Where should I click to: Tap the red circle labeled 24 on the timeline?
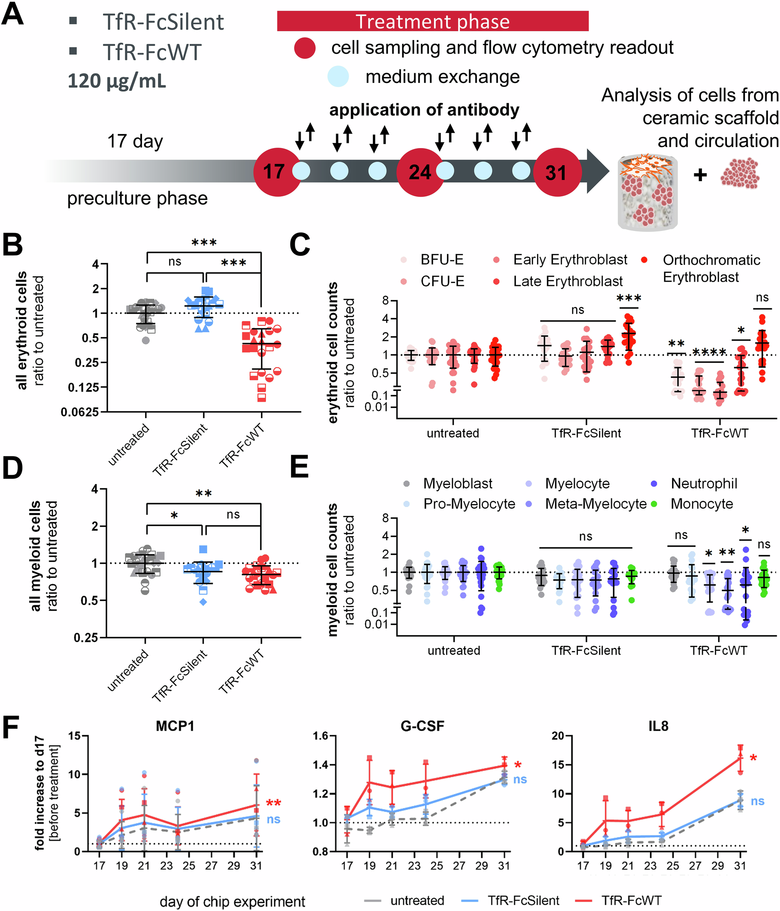click(420, 172)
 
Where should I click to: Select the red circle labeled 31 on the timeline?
click(557, 172)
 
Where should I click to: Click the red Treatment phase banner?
click(432, 21)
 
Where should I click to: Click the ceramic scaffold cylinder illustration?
click(647, 192)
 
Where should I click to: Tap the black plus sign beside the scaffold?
click(700, 175)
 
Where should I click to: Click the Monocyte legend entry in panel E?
click(701, 504)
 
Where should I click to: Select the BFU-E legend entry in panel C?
click(441, 260)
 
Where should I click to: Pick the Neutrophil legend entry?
click(704, 484)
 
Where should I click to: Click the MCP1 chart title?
click(175, 726)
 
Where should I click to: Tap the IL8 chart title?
click(658, 726)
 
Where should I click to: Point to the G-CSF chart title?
click(422, 726)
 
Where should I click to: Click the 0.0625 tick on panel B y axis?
click(80, 412)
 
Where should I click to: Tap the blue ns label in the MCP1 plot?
click(273, 819)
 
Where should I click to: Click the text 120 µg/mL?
click(117, 81)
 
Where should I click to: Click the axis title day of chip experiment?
click(232, 901)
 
